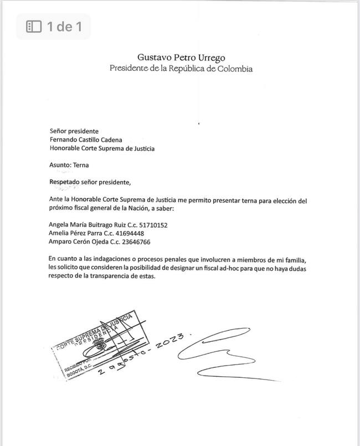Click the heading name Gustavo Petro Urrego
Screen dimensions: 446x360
coord(181,57)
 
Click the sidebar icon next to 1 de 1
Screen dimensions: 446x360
coord(34,26)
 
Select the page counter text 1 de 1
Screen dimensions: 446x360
coord(64,26)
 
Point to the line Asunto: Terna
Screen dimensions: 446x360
coord(69,165)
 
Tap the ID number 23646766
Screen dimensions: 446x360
coord(133,242)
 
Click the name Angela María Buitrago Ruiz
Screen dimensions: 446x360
coord(89,225)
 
